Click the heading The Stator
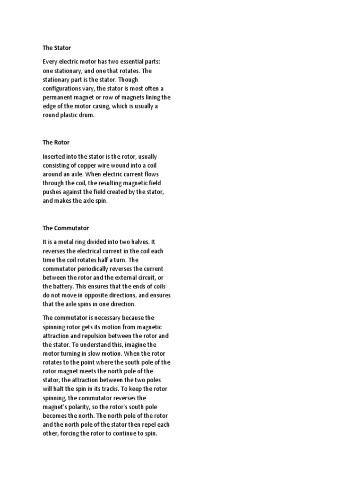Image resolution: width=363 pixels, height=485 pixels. (x=57, y=48)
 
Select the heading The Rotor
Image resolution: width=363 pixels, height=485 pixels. (x=56, y=142)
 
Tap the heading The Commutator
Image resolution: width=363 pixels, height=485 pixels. (x=66, y=228)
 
